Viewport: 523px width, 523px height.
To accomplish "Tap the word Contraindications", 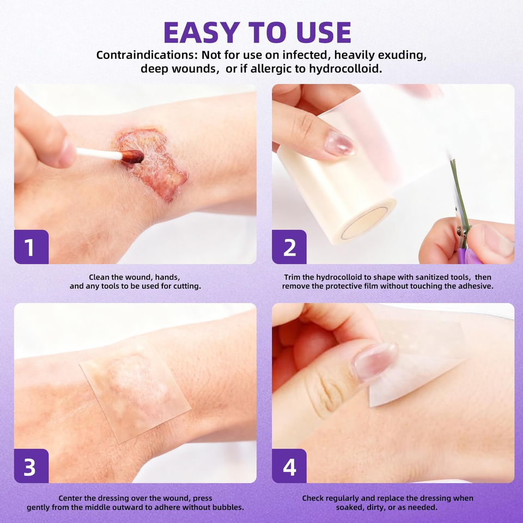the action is click(147, 54).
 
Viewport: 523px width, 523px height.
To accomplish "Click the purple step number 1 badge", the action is click(32, 247).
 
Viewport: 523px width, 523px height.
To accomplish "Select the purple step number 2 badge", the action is click(289, 247).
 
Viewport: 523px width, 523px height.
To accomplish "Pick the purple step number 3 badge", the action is click(32, 466).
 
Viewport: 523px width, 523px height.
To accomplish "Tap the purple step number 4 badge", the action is click(289, 466).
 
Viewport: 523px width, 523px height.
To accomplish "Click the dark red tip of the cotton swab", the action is click(132, 156).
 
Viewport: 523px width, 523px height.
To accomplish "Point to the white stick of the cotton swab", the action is click(99, 154).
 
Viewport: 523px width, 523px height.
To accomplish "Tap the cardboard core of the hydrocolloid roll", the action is click(366, 222).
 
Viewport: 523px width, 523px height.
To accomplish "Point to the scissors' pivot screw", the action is click(460, 229).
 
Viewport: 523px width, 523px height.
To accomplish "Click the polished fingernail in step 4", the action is click(375, 361).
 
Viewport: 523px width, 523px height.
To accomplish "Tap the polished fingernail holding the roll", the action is click(340, 144).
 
